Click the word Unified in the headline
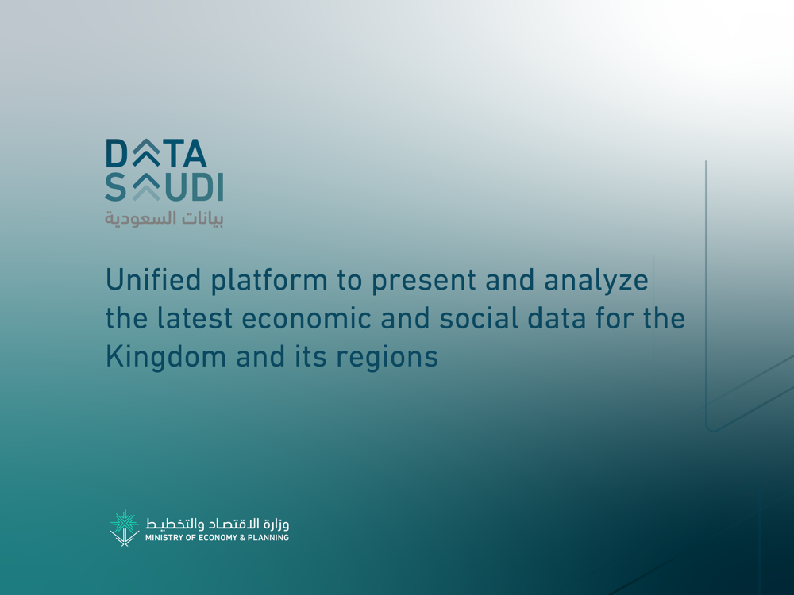coord(153,279)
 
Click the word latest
coord(195,318)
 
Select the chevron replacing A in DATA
coord(146,153)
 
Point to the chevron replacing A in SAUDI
coord(146,186)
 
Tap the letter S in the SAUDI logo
coord(115,186)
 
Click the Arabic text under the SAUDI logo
coord(164,219)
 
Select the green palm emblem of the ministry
coord(124,528)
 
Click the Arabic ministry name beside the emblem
coord(218,523)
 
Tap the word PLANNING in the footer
coord(268,538)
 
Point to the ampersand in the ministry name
coord(242,538)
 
